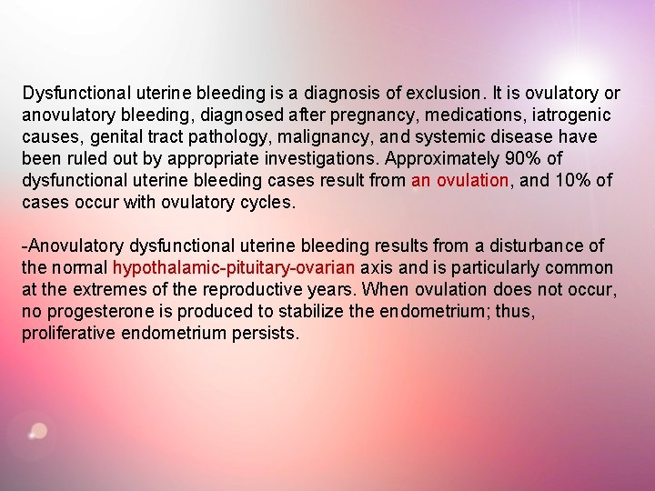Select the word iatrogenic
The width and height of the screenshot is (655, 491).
click(569, 115)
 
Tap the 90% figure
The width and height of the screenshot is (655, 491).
click(529, 159)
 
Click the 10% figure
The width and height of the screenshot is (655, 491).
click(572, 181)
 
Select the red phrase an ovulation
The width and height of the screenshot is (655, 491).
click(459, 181)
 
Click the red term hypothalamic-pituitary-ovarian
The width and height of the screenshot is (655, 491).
click(234, 268)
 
